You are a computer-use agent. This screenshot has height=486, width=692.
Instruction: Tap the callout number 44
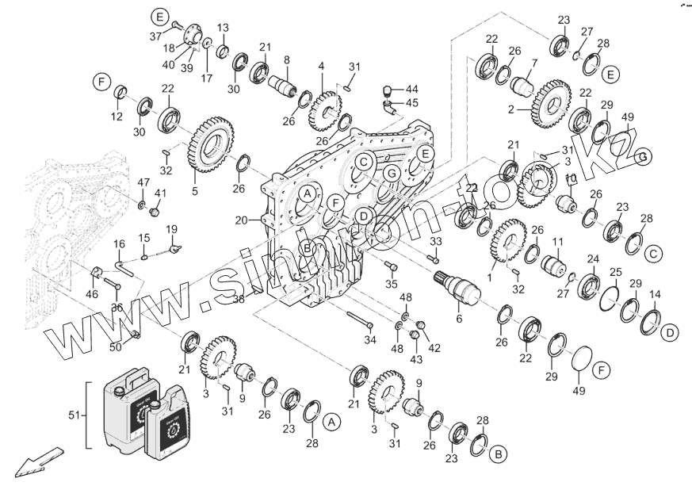click(412, 88)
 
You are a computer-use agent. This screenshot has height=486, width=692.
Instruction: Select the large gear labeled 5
click(209, 145)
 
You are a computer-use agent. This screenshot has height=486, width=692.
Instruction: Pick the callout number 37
click(155, 36)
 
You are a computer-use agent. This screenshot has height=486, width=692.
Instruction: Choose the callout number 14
click(655, 294)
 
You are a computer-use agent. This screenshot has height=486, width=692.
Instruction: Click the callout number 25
click(616, 273)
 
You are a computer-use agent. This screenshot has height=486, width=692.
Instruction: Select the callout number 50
click(115, 347)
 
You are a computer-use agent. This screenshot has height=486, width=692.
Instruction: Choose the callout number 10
click(569, 178)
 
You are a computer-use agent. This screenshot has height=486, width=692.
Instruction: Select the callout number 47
click(143, 183)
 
